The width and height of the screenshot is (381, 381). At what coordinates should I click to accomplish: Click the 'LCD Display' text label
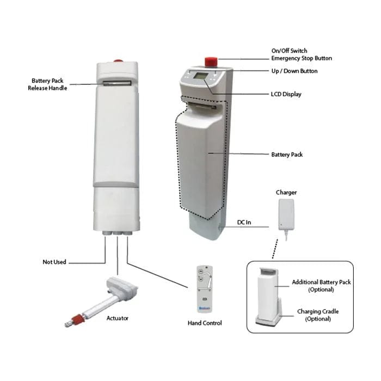point(286,95)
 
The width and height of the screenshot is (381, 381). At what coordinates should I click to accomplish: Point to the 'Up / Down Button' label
point(294,71)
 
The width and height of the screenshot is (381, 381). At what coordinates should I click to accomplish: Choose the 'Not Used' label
point(54,262)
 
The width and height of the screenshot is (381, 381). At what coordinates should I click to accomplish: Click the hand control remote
point(204,289)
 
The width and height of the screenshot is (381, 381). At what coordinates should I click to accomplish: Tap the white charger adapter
point(286,213)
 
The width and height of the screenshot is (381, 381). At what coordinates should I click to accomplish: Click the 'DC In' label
point(244,223)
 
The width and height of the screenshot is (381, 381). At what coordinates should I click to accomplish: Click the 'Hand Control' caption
point(204,323)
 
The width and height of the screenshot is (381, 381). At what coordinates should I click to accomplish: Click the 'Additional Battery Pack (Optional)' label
point(321,286)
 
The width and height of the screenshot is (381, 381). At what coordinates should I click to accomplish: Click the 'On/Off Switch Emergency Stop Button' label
point(302,54)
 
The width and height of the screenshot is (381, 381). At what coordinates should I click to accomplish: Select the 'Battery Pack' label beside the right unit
point(287,155)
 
